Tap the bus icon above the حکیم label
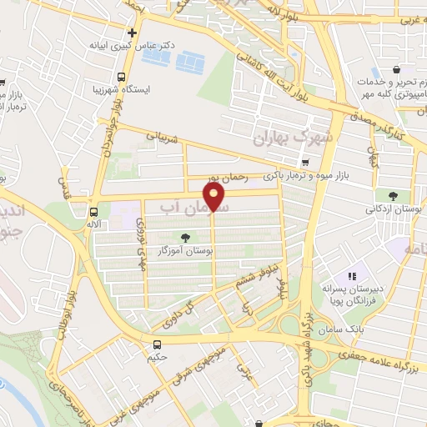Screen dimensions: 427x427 tap(157, 344)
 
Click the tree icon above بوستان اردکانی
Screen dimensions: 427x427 tap(393, 195)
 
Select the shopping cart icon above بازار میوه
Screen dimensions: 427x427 tap(306, 162)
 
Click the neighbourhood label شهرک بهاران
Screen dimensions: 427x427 tap(296, 134)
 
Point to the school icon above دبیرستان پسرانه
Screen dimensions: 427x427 tap(352, 275)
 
